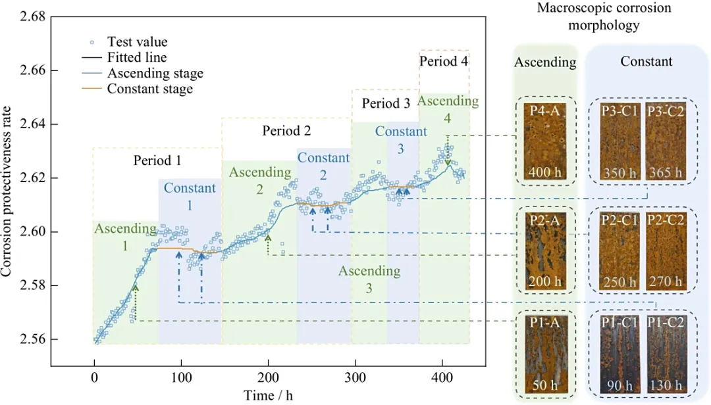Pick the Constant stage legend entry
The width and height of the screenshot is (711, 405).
[149, 89]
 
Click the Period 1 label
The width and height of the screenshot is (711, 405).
[157, 160]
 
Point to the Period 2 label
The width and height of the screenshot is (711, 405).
[286, 130]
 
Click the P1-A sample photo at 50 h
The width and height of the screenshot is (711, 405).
[544, 352]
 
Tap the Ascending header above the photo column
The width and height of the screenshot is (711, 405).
[544, 62]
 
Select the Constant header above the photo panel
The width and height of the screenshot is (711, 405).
[646, 62]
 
